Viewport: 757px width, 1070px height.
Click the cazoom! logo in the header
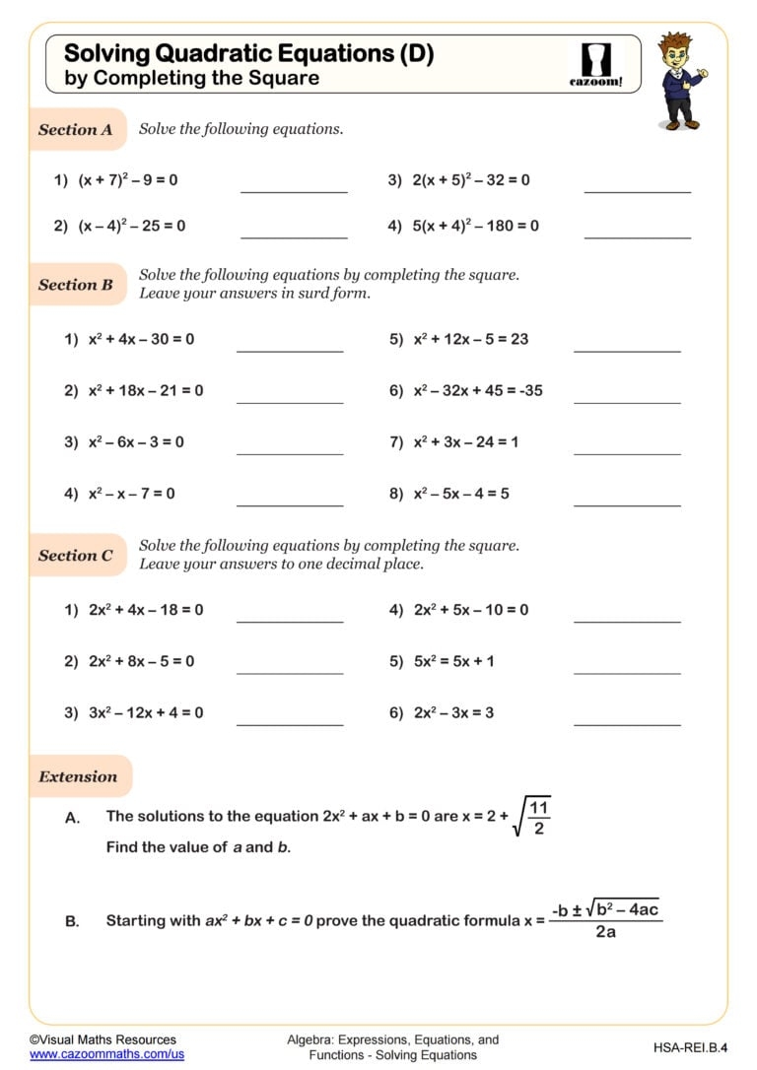coord(596,65)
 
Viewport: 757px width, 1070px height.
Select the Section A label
coord(76,130)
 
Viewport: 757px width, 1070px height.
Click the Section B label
coord(76,285)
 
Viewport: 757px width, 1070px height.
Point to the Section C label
coord(76,556)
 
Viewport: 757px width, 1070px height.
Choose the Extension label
coord(78,776)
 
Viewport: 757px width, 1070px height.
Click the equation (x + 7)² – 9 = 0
coord(127,180)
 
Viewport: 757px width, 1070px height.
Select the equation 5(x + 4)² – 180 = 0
coord(475,226)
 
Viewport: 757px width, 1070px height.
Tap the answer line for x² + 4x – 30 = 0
coord(290,350)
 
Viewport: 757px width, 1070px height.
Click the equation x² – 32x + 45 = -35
coord(478,390)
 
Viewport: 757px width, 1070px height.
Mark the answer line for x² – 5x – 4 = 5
coord(627,504)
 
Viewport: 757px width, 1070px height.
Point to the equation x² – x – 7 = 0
coord(131,493)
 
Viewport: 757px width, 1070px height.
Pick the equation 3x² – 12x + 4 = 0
coord(145,712)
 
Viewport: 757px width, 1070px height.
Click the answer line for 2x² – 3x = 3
coord(627,724)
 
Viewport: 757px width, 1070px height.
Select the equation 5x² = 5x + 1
coord(454,661)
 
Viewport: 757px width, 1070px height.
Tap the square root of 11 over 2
coord(532,817)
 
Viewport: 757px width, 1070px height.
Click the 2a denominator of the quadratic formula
coord(605,931)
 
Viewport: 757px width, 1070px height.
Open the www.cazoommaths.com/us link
coord(106,1054)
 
